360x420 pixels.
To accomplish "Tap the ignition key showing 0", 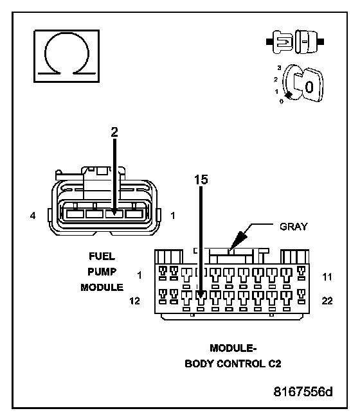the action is coord(303,83).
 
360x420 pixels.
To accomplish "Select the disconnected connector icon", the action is coord(295,42).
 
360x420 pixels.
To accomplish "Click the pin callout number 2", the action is coord(114,132).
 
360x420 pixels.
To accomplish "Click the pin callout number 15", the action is coord(201,179).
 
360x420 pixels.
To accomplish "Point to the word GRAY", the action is coord(294,227).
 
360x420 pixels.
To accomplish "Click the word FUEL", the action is coord(102,256).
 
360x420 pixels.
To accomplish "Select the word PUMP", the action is coord(102,272).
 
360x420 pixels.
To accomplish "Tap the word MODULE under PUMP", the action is coord(102,288).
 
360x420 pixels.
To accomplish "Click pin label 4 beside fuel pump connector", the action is coord(33,215).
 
